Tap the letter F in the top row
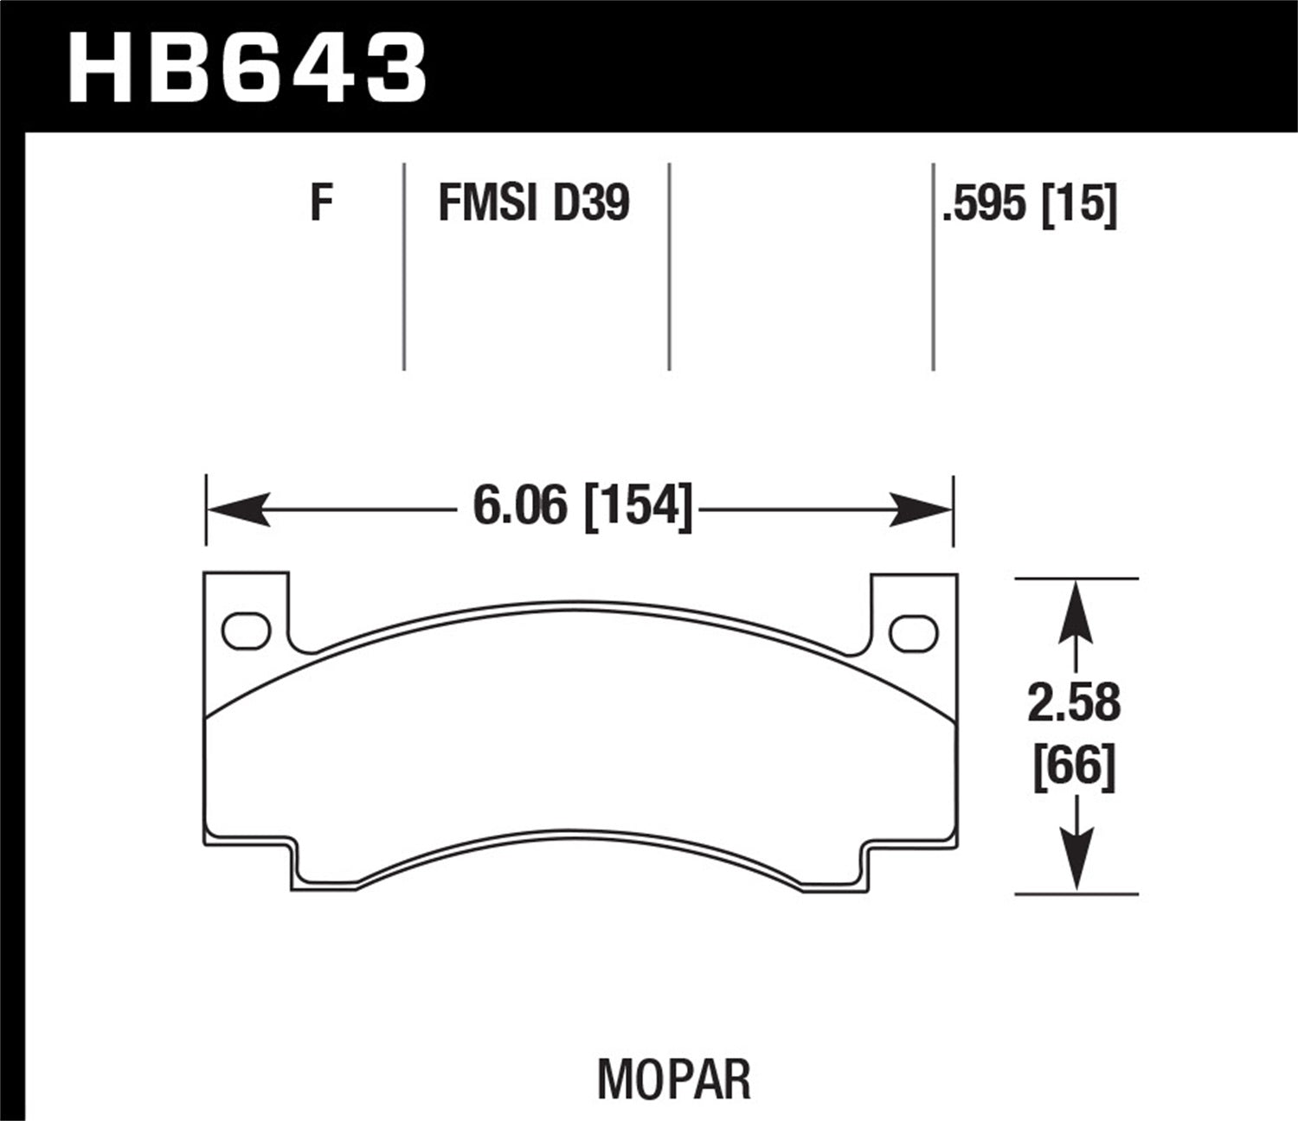(322, 204)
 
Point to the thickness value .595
(986, 205)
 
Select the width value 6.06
(520, 505)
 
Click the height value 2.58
(1074, 702)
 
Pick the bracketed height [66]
(1074, 765)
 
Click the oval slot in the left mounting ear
(247, 631)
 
